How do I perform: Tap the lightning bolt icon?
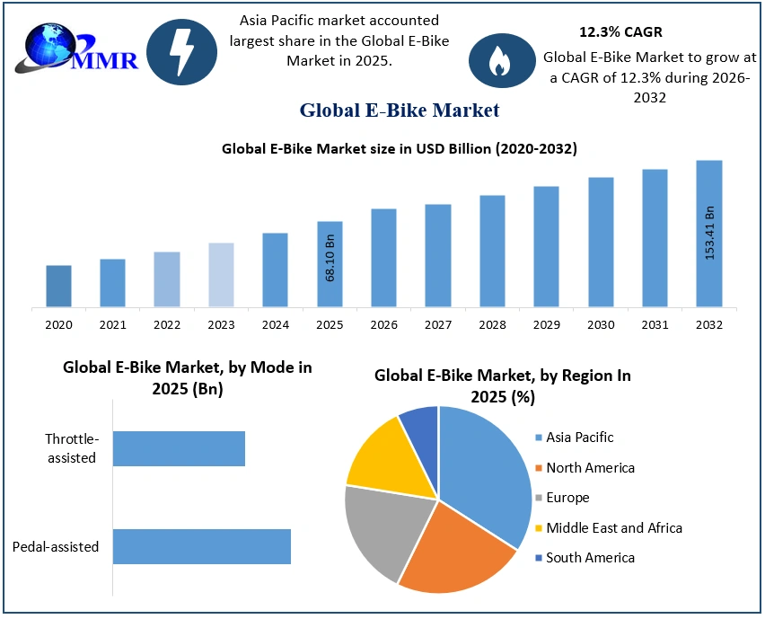181,51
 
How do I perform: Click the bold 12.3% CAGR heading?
620,32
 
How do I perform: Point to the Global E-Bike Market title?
399,111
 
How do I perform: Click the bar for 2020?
59,286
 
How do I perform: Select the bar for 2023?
221,275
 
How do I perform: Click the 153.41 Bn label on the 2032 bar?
709,234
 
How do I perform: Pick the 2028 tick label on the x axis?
492,324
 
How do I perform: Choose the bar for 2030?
601,243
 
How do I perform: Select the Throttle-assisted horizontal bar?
179,448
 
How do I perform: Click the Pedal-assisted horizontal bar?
202,546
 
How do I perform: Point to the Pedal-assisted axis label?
56,546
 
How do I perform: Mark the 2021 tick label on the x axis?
112,324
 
